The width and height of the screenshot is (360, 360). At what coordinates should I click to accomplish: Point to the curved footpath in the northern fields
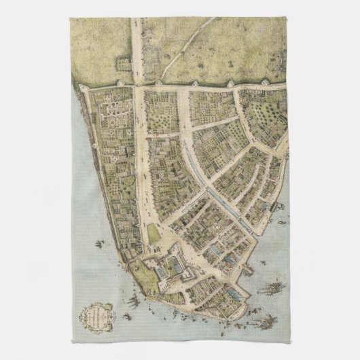[204, 27]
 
